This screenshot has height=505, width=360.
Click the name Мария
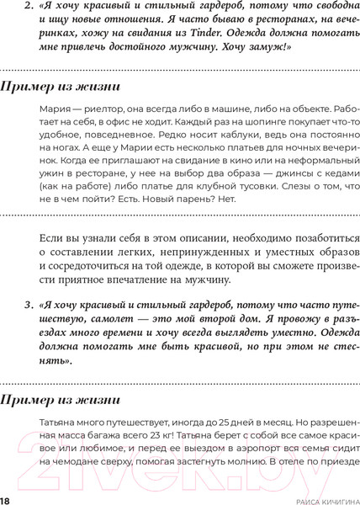(x=54, y=110)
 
